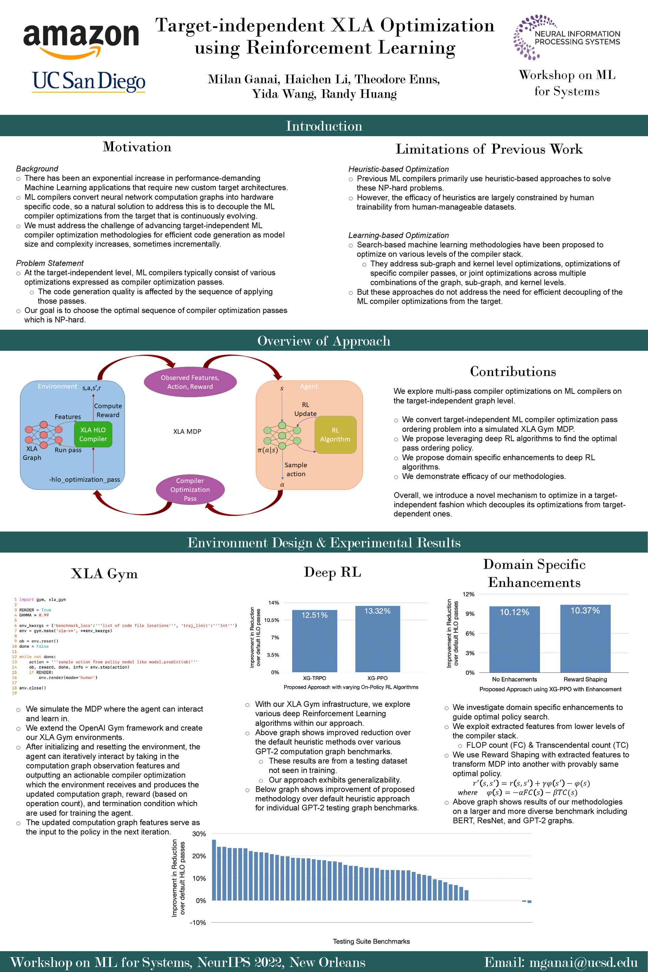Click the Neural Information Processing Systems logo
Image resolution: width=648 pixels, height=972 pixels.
(567, 37)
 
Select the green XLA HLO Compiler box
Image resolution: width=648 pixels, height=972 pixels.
(93, 434)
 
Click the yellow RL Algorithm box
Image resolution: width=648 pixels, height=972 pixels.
(335, 435)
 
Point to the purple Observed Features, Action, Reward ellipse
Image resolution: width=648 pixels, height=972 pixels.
(190, 382)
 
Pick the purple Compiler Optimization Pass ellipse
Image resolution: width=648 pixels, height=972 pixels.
(190, 489)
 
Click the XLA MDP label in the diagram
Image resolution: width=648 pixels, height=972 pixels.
(187, 431)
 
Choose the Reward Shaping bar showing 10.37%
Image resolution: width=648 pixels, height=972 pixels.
(585, 639)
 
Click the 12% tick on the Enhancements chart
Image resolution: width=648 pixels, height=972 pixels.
(469, 594)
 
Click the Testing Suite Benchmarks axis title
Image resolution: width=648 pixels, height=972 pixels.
(371, 941)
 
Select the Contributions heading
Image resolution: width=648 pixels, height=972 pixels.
(513, 372)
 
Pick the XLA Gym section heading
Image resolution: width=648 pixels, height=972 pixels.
(104, 574)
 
